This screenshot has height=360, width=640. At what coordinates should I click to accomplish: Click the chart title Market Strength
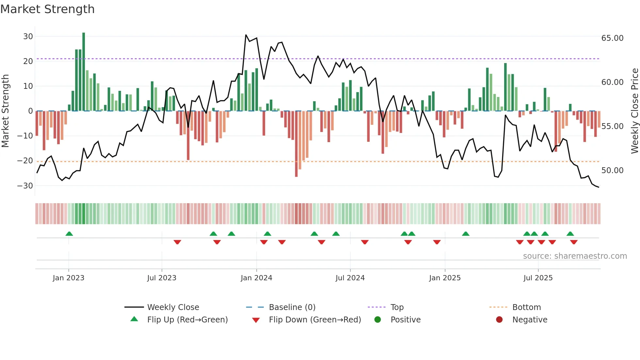tap(47, 9)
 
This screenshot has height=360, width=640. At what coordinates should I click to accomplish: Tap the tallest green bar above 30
tap(84, 72)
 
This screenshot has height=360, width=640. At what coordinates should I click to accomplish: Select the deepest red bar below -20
tap(296, 144)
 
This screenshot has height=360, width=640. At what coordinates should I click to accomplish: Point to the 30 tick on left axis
tap(28, 37)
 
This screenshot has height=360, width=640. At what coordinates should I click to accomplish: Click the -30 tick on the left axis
tap(25, 186)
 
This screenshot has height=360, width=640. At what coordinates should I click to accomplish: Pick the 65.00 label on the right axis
tap(612, 38)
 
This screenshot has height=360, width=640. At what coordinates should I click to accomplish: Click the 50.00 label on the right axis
tap(612, 171)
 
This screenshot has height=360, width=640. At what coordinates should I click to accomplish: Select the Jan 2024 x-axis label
tap(256, 278)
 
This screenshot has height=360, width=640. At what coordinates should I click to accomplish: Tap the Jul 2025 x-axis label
tap(538, 278)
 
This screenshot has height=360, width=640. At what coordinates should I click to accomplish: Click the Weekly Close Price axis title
tap(634, 111)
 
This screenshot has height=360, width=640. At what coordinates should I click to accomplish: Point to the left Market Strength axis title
tap(5, 111)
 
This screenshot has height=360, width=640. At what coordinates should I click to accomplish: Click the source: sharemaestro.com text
tap(575, 256)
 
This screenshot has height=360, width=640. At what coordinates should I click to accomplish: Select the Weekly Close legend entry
tap(173, 307)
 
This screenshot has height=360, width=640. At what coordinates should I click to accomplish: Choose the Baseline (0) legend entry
tap(292, 307)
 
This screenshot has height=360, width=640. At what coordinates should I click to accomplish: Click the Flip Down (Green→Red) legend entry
tap(315, 320)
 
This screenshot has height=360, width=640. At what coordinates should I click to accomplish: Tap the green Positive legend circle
tap(377, 320)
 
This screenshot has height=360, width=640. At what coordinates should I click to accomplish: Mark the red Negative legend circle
tap(499, 320)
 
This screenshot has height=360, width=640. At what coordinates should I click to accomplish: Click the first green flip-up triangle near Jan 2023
tap(69, 234)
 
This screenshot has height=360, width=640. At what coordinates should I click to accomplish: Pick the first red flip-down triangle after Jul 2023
tap(177, 242)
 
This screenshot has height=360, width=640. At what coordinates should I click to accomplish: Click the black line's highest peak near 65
tap(246, 35)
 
